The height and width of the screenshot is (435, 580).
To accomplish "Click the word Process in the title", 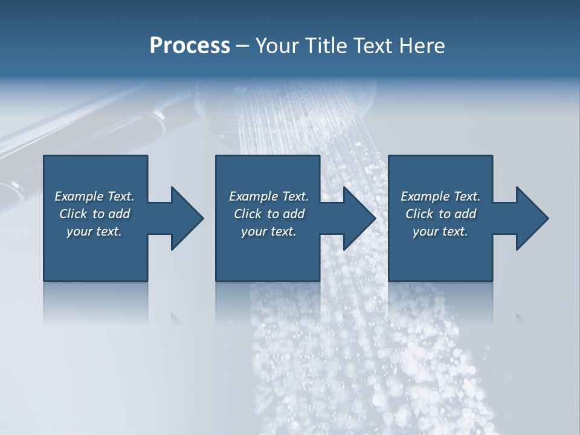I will click(x=190, y=46).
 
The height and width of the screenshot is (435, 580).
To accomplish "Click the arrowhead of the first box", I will click(x=187, y=218).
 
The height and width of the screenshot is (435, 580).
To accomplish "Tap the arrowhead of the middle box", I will click(x=359, y=218).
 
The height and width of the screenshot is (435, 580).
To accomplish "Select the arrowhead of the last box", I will click(x=532, y=218).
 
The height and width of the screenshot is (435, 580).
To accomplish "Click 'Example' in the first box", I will click(x=79, y=196).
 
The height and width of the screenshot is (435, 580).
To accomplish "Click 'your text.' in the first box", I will click(x=94, y=231).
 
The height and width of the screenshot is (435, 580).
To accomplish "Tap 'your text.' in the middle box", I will click(x=269, y=231).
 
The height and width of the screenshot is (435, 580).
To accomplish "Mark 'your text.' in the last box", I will click(x=440, y=231).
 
